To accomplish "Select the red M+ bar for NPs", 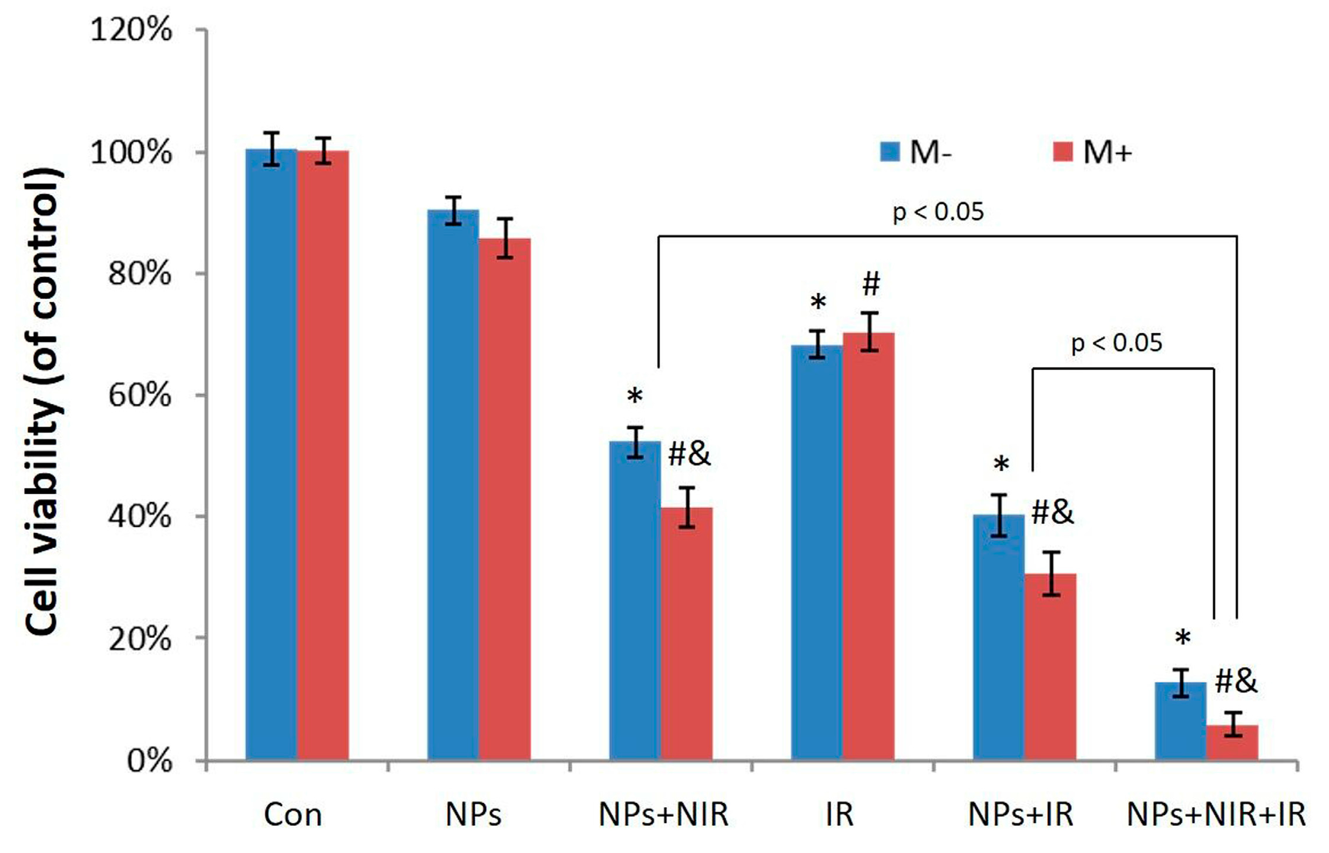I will pyautogui.click(x=504, y=500).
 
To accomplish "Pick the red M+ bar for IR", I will pyautogui.click(x=868, y=547).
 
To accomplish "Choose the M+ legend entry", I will pyautogui.click(x=1093, y=153).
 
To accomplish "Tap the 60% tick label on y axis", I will pyautogui.click(x=140, y=395).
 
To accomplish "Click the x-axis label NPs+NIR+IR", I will pyautogui.click(x=1216, y=815).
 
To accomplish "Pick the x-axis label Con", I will pyautogui.click(x=293, y=815).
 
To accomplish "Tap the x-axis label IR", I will pyautogui.click(x=839, y=815).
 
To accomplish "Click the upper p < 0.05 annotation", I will pyautogui.click(x=938, y=212).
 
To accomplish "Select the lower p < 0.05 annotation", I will pyautogui.click(x=1116, y=343).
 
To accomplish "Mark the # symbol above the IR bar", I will pyautogui.click(x=871, y=285).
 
